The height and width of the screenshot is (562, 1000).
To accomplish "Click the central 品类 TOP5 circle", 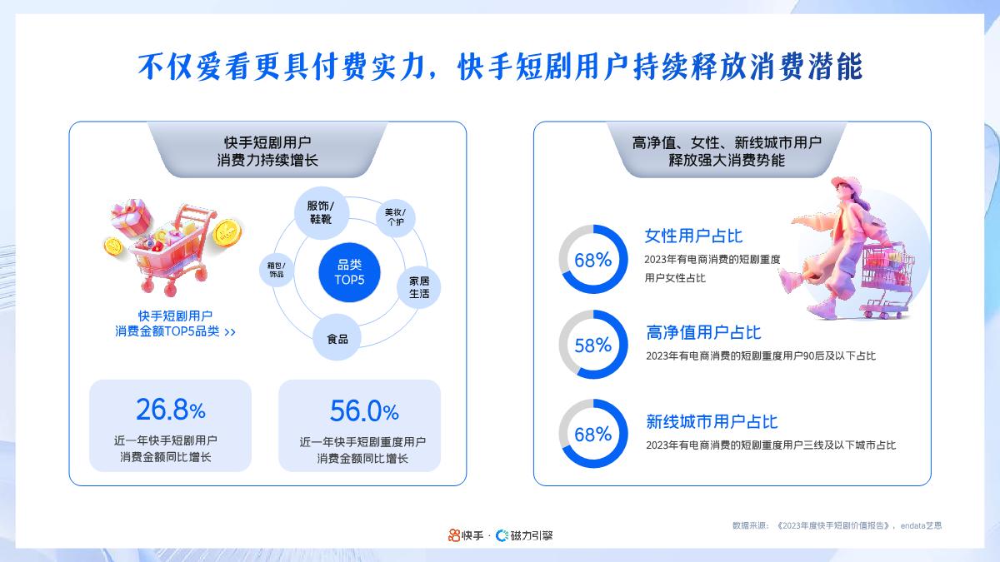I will pyautogui.click(x=350, y=271).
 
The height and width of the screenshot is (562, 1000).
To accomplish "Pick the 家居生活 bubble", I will pyautogui.click(x=418, y=285).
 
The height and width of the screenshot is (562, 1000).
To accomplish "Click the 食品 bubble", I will pyautogui.click(x=337, y=339).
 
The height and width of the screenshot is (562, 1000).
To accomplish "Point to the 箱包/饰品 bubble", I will pyautogui.click(x=277, y=269).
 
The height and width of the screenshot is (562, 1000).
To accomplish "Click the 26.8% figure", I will pyautogui.click(x=170, y=410).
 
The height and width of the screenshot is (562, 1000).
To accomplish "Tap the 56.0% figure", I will pyautogui.click(x=364, y=410).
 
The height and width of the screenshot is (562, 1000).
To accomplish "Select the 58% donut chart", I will pyautogui.click(x=592, y=345).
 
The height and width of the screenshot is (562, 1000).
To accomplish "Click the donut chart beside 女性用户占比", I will pyautogui.click(x=592, y=259).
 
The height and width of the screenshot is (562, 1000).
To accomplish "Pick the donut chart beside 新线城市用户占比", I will pyautogui.click(x=592, y=434).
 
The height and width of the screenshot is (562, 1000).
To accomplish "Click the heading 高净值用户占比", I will pyautogui.click(x=703, y=333).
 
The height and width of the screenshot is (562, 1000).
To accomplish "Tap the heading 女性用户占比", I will pyautogui.click(x=693, y=236).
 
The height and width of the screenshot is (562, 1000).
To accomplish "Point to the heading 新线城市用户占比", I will pyautogui.click(x=712, y=422).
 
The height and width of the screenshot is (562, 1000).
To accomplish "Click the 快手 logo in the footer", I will pyautogui.click(x=466, y=535).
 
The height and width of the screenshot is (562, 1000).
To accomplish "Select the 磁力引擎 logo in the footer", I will pyautogui.click(x=525, y=535).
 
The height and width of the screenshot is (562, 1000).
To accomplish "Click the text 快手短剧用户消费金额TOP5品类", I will pyautogui.click(x=175, y=323).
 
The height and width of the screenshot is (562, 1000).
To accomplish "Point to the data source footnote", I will pyautogui.click(x=837, y=526).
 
